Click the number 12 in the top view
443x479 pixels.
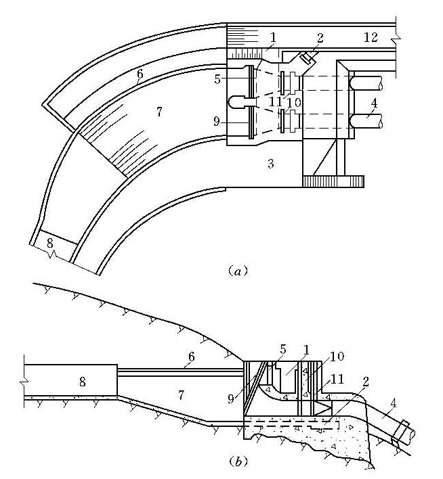click(x=371, y=37)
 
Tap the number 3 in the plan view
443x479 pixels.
click(x=271, y=164)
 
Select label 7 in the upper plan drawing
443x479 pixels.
click(x=159, y=112)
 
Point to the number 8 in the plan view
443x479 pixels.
click(x=50, y=243)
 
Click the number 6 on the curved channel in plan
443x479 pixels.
click(x=140, y=74)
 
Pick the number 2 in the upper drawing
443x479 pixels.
click(x=320, y=38)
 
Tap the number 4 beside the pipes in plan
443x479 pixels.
click(x=374, y=103)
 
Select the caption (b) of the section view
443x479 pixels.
click(x=238, y=461)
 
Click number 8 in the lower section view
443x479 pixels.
click(x=82, y=382)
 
